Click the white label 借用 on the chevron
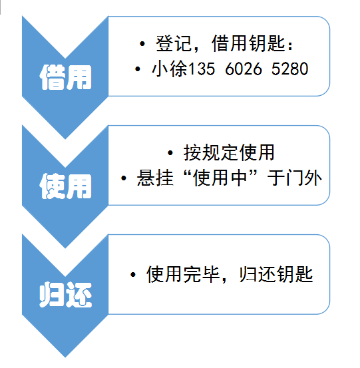click(x=65, y=77)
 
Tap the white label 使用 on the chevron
click(x=65, y=186)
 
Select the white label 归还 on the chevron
click(x=65, y=295)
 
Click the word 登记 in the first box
click(x=174, y=44)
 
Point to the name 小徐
click(x=170, y=69)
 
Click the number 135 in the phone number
click(x=202, y=69)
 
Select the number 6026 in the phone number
click(x=244, y=69)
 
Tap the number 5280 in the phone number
click(x=289, y=69)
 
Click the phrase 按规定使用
click(x=229, y=153)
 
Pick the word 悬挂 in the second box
click(x=155, y=178)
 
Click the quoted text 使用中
click(x=220, y=178)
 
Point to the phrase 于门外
click(x=295, y=178)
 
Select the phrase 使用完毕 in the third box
click(x=183, y=274)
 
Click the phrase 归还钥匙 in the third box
click(x=276, y=274)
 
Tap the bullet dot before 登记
click(x=142, y=44)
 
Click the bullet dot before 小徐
click(x=138, y=69)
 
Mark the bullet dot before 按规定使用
click(x=170, y=153)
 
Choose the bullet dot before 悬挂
click(x=124, y=178)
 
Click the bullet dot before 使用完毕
click(x=133, y=274)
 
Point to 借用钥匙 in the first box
click(x=248, y=44)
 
